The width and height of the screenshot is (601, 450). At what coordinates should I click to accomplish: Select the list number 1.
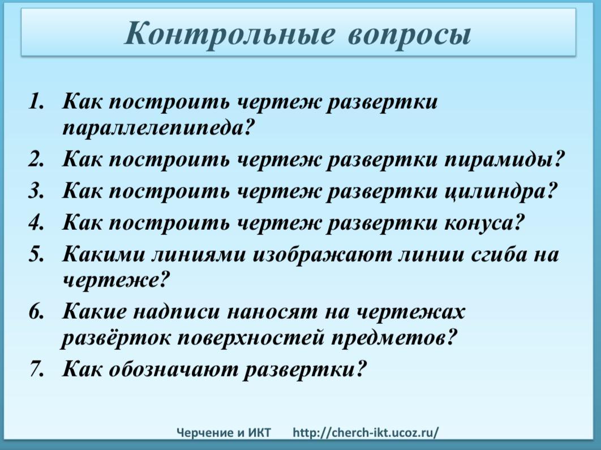36,102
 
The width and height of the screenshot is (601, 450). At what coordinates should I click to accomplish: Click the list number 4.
36,222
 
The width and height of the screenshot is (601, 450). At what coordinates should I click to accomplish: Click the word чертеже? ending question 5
115,281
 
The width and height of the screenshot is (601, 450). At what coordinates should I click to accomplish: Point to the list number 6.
36,312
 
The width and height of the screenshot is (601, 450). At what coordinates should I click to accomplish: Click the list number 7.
36,369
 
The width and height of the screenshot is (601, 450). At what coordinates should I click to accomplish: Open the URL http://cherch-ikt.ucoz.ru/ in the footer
366,433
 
